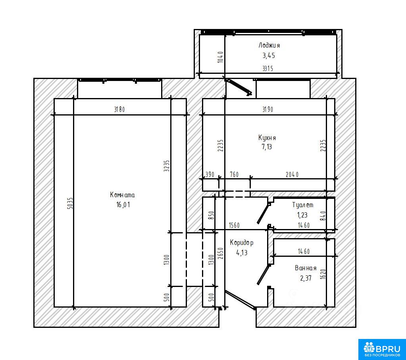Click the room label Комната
tap(122, 195)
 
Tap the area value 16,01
tap(123, 204)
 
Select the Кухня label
tap(267, 137)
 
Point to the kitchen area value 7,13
tap(267, 147)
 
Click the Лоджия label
tap(269, 45)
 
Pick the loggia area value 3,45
tap(269, 56)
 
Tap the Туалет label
tap(303, 205)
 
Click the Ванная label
tap(306, 268)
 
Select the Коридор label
tap(242, 243)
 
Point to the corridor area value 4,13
tap(242, 252)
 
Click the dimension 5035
tap(70, 203)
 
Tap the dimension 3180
tap(119, 109)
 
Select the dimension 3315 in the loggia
tap(268, 69)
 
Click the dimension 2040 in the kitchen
tap(292, 175)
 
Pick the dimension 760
tap(234, 175)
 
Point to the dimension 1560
tap(234, 225)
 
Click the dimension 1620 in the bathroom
tap(323, 274)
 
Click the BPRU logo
tap(382, 349)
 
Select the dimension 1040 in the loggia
tap(220, 57)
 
